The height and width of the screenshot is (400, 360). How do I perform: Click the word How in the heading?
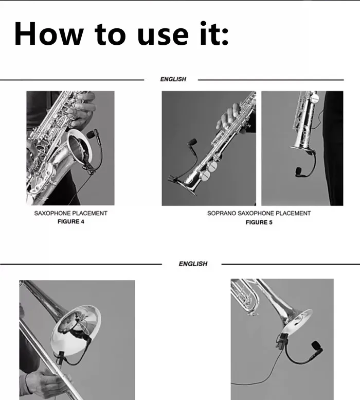click(49, 34)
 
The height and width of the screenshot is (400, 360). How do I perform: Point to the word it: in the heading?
click(214, 33)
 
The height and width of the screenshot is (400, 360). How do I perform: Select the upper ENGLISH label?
click(173, 79)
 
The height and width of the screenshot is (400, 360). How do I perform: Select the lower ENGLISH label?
click(193, 264)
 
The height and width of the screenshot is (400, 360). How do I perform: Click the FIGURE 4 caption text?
click(71, 221)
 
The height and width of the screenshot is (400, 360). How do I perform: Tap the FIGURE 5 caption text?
click(259, 222)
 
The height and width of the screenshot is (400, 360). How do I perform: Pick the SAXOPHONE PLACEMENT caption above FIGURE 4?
click(71, 213)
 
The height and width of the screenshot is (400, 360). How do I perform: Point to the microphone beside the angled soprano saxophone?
click(192, 143)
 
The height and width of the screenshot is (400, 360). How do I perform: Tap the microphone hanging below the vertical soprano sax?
click(300, 171)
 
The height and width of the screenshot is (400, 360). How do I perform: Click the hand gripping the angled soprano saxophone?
click(230, 117)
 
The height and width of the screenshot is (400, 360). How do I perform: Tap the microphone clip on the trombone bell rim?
click(61, 357)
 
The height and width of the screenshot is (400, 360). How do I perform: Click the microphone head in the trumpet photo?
click(317, 346)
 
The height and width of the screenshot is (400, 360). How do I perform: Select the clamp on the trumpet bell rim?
click(281, 341)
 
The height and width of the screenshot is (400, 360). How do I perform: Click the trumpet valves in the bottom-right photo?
click(245, 297)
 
